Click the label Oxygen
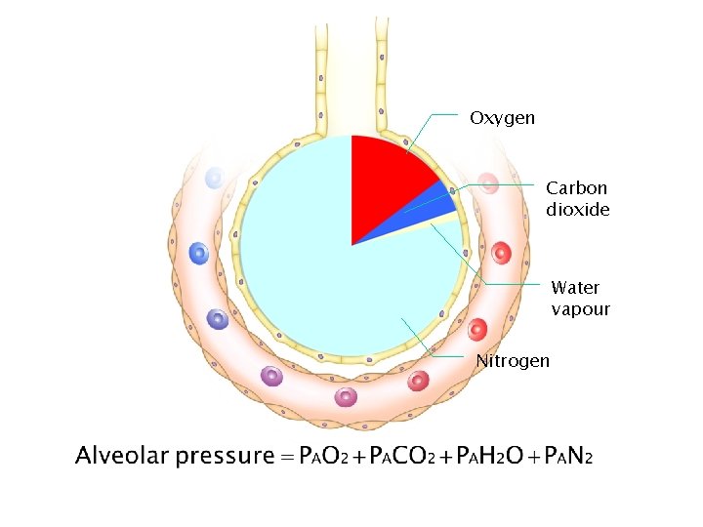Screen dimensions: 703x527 pos(502,118)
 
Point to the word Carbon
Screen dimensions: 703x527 pos(576,187)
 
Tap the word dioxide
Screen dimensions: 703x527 pos(578,210)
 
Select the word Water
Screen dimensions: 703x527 pos(575,287)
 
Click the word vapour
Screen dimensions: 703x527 pos(580,309)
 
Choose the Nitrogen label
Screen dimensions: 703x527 pos(513,361)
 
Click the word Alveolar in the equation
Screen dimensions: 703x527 pos(124,456)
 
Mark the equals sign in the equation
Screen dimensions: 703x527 pos(286,456)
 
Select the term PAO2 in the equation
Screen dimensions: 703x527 pos(323,456)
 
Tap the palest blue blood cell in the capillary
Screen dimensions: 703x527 pos(215,178)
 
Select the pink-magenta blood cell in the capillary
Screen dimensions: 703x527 pos(346,396)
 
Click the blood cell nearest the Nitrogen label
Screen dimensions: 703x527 pos(419,381)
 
